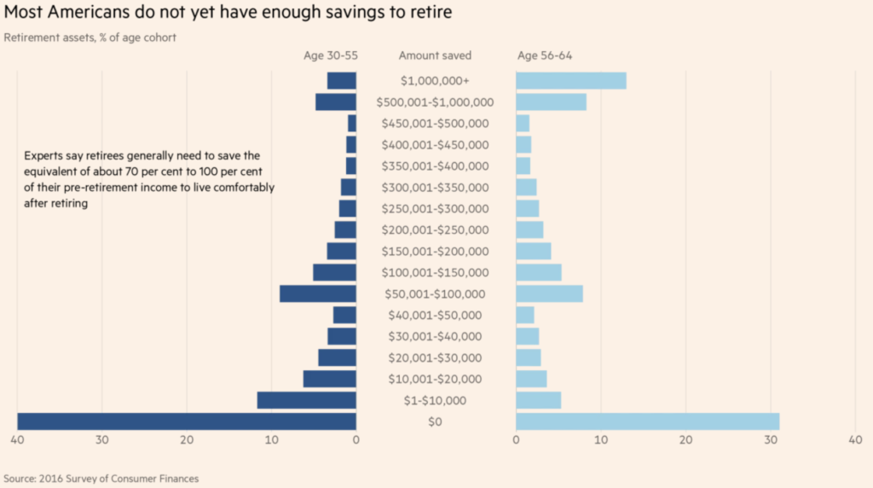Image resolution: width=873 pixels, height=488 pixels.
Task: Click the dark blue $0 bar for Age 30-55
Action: [187, 421]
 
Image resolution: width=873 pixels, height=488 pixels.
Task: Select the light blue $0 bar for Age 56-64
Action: [648, 421]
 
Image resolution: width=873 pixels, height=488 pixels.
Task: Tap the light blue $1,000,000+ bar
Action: [571, 81]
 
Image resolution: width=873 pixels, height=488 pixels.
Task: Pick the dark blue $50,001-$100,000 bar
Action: [318, 293]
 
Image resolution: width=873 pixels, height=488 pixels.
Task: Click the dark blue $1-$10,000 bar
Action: [307, 400]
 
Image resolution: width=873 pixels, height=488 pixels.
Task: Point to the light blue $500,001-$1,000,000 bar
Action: [552, 102]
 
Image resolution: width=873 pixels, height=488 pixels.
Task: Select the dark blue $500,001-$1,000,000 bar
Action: [336, 102]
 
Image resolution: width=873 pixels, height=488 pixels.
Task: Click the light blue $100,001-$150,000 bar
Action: [539, 272]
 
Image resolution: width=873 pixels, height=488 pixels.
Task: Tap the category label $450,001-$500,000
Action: [435, 124]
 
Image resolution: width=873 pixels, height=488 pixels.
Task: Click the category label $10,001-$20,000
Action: [435, 379]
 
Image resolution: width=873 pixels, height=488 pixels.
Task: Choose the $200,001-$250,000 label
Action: [435, 230]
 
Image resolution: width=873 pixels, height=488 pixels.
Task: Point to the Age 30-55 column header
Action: [331, 55]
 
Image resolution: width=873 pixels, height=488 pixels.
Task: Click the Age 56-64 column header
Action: [545, 55]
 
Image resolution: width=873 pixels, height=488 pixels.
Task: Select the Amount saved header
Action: [435, 55]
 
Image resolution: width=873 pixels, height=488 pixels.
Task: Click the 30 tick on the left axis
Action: [102, 440]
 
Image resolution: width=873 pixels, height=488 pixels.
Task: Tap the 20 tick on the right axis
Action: [686, 440]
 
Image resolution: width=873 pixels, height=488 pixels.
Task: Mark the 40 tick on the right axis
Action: [855, 440]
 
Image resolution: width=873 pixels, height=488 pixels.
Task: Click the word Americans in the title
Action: [89, 12]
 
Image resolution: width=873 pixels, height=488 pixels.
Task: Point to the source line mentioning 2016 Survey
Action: [101, 479]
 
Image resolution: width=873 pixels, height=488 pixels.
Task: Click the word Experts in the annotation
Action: [43, 156]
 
